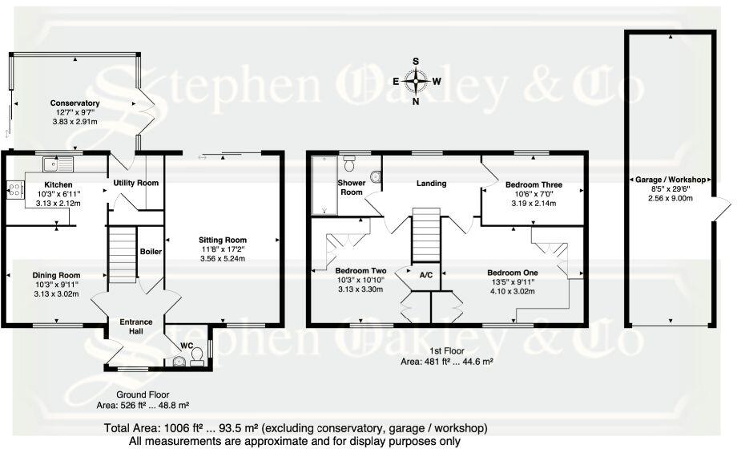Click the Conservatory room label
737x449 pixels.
tap(75, 103)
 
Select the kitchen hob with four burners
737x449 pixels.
tap(14, 190)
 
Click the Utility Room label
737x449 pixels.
tap(135, 184)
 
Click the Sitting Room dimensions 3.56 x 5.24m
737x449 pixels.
tap(223, 258)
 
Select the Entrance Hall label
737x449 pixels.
tap(135, 327)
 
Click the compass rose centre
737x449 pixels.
tap(416, 80)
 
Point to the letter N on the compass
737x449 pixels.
tap(415, 102)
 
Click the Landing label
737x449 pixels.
tap(431, 184)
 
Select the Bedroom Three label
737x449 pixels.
tap(533, 184)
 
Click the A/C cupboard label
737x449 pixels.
tap(426, 275)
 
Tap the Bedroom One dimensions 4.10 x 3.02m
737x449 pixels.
tap(533, 292)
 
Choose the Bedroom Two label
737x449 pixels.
tap(360, 271)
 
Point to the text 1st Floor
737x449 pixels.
tap(446, 351)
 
